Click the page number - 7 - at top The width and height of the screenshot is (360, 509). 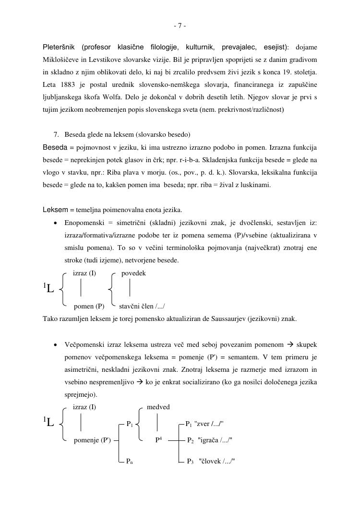(x=180, y=26)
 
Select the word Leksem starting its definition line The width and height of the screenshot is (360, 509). (x=56, y=210)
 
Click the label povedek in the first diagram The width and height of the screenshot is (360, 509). (x=133, y=273)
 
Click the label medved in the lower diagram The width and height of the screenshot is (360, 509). (x=158, y=407)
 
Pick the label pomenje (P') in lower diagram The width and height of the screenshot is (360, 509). (x=92, y=440)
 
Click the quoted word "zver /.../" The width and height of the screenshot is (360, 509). (x=209, y=424)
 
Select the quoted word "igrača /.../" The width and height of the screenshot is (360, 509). (x=215, y=440)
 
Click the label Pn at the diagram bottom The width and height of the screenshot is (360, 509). (x=129, y=461)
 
